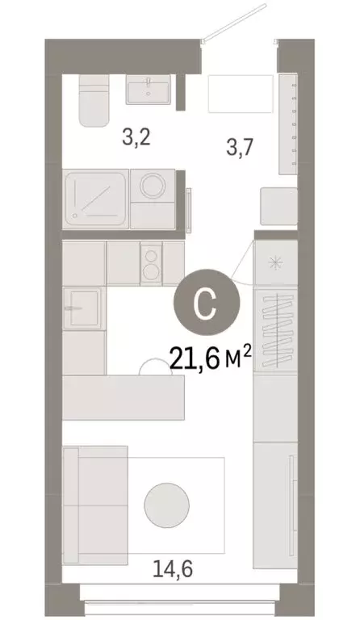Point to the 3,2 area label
pyautogui.click(x=136, y=136)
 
